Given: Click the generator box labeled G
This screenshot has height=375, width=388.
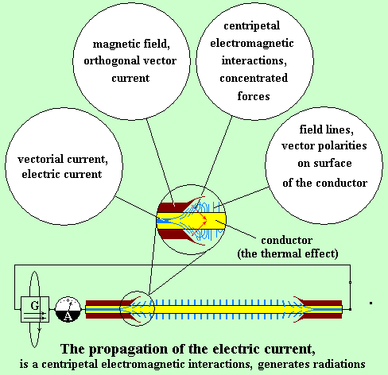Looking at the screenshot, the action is pos(35,309).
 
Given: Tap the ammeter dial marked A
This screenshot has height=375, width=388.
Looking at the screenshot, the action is pos(68,310).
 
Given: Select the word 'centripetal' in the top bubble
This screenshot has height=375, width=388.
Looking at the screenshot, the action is pos(252,26).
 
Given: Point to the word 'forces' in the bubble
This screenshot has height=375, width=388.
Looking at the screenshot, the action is pos(254,96).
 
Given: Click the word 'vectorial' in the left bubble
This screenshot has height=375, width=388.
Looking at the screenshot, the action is pos(41,159).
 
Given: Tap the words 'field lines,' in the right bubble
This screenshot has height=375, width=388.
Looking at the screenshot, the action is pos(327,130).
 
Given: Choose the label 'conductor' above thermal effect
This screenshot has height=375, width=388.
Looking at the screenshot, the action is pos(287,240).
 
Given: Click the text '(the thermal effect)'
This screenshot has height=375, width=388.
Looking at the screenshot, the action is pos(288,253).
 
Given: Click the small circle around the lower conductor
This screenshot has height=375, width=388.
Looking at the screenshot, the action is pos(120,309).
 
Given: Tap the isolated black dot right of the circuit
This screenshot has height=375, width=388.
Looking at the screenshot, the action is pos(371,303).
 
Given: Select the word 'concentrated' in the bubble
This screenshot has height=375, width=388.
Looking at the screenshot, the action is pos(254,78).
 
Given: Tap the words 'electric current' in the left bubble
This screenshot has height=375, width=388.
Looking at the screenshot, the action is pos(62,175).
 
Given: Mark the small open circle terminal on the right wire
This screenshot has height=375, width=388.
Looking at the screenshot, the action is pos(350,283).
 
